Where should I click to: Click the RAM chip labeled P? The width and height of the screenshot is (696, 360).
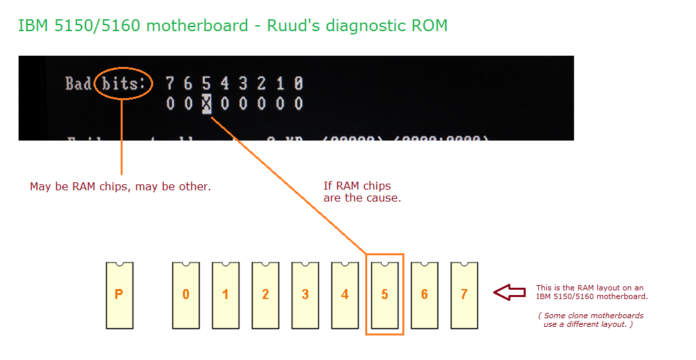point(119,295)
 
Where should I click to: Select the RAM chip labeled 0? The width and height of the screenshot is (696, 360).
point(186,295)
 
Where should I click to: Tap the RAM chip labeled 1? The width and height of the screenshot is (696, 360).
point(225,295)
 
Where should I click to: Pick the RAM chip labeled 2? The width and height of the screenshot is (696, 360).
point(265,295)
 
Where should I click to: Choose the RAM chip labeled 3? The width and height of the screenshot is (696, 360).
point(305,295)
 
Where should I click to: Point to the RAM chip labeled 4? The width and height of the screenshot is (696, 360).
point(345,295)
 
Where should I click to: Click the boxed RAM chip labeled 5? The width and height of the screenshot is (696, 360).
point(384,295)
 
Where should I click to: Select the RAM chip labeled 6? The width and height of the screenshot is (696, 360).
point(424,295)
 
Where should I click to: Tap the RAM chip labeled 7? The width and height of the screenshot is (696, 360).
point(464,295)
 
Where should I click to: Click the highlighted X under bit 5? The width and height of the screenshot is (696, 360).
point(207,103)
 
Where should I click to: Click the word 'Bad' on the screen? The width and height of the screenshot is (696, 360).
point(78,84)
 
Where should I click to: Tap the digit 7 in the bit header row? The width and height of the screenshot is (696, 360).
point(170,84)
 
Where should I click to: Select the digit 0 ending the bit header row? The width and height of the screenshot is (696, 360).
point(298,84)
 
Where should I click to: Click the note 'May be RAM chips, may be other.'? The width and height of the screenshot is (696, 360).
point(120,187)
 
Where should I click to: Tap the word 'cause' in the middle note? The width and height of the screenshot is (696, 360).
point(384,198)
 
